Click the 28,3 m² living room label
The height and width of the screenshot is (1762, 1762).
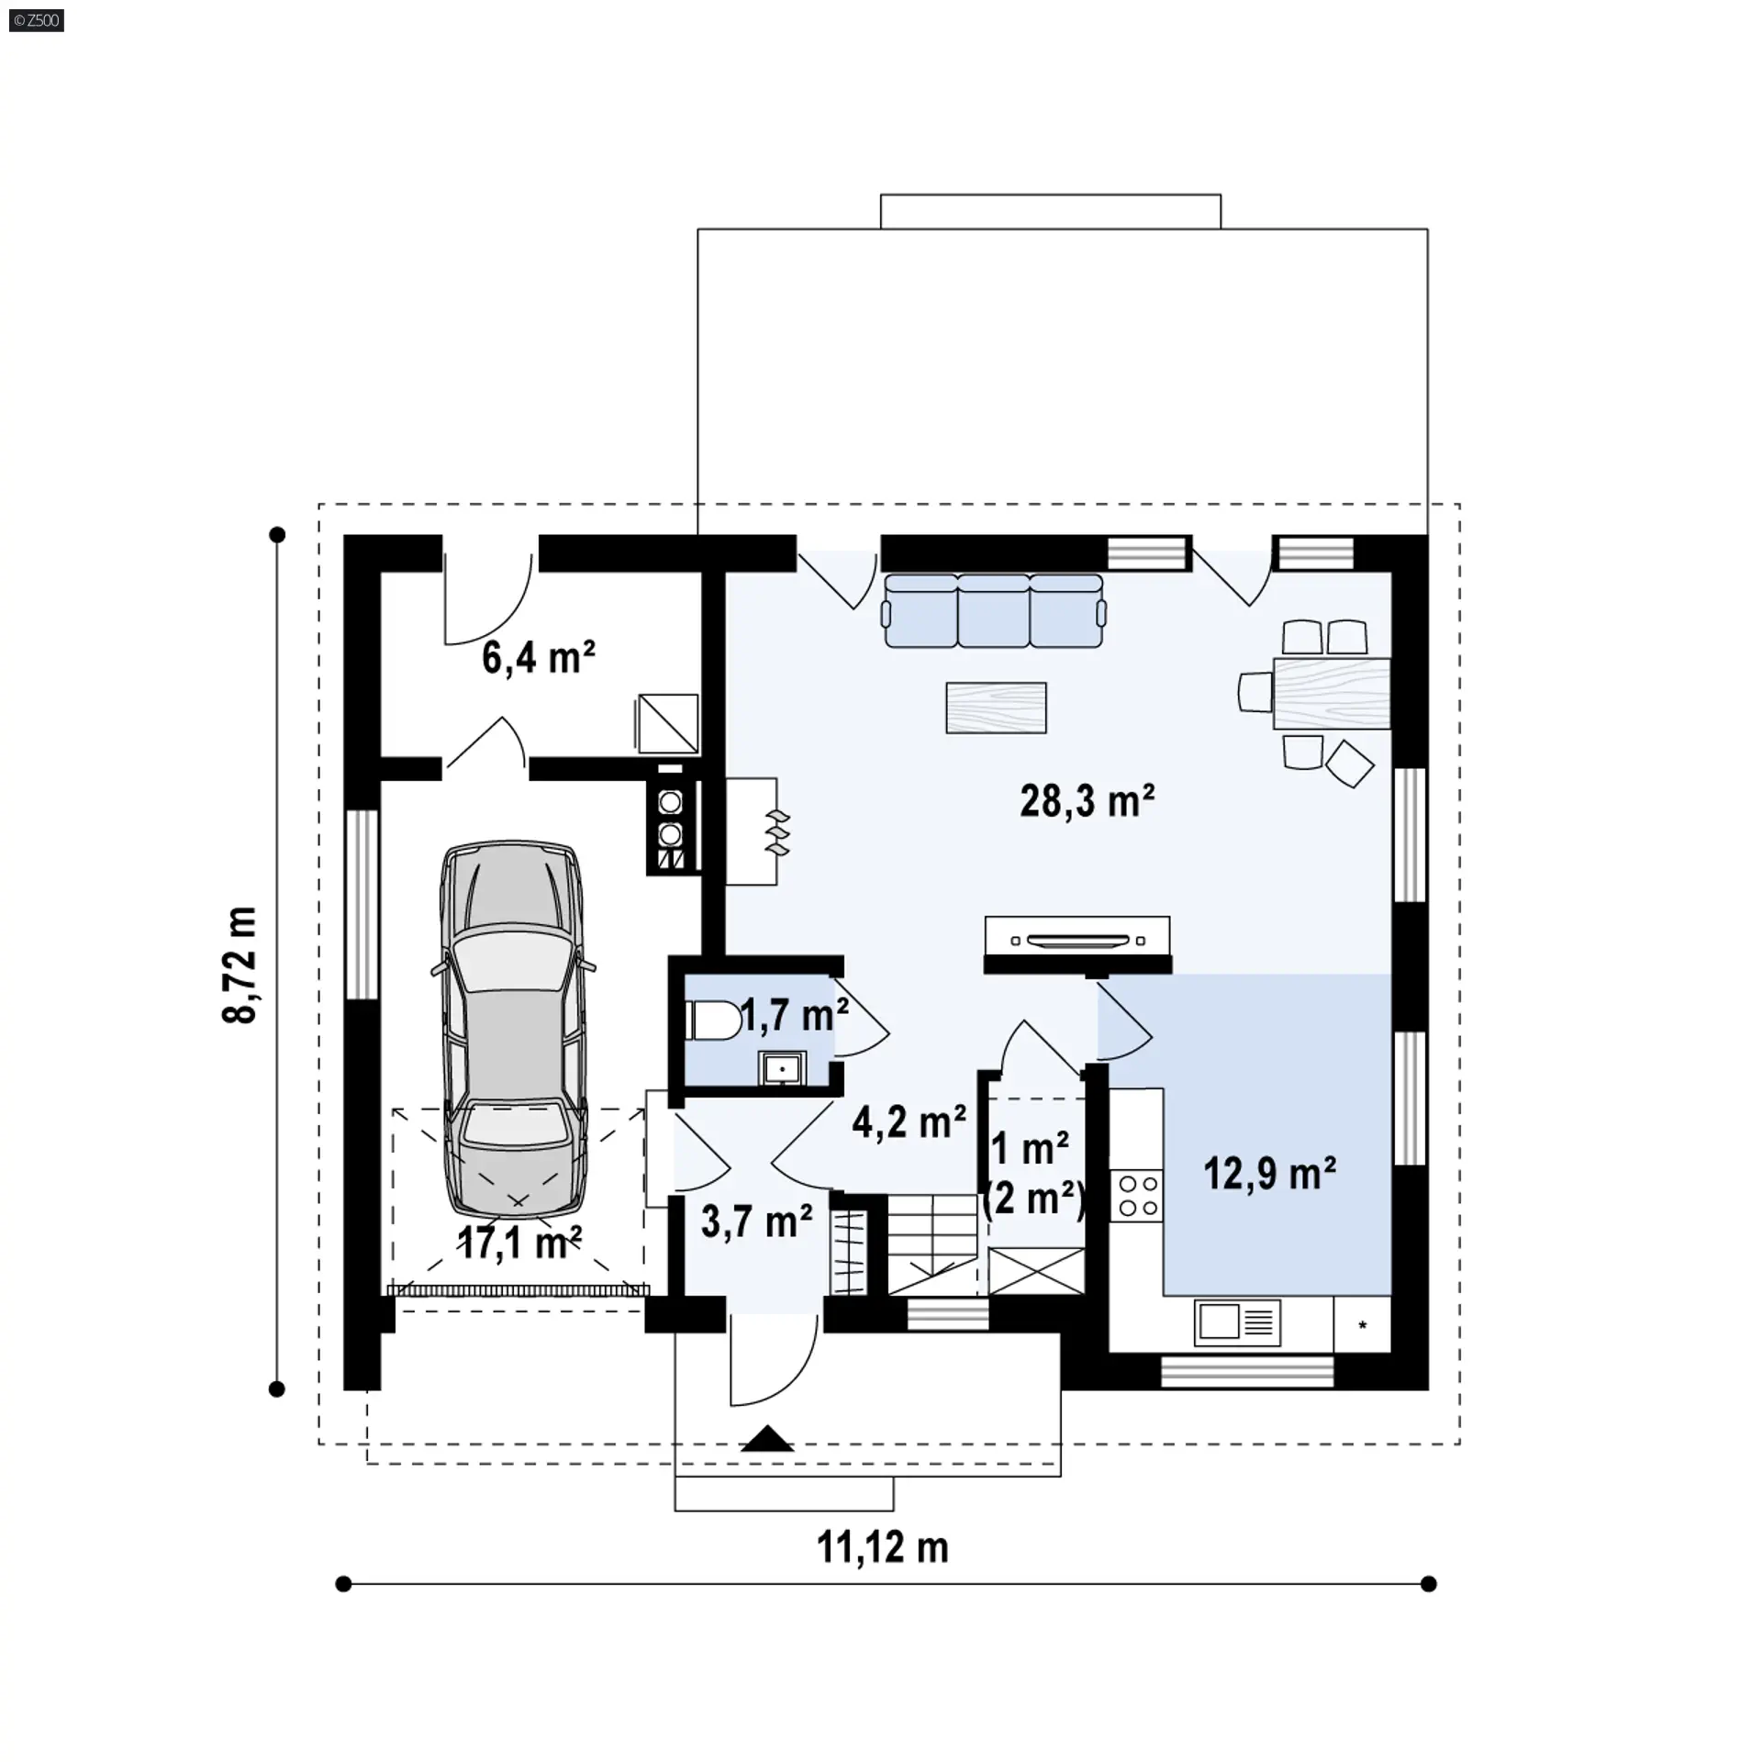click(1087, 801)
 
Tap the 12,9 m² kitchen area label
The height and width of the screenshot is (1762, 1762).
click(1270, 1174)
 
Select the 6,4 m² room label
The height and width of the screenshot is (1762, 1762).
click(539, 658)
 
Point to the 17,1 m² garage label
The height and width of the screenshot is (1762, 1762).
click(519, 1243)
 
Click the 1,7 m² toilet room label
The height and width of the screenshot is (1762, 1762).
click(795, 1016)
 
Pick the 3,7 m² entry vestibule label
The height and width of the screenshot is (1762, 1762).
click(757, 1221)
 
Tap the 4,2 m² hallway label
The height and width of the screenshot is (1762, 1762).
click(909, 1121)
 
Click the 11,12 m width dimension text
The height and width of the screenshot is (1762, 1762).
click(883, 1547)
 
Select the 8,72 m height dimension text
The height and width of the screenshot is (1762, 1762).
click(240, 965)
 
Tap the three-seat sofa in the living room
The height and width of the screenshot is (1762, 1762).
click(994, 611)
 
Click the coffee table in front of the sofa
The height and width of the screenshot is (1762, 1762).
click(997, 708)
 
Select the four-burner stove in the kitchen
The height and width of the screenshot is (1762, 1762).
click(1137, 1196)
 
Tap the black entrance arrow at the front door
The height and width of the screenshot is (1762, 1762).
click(767, 1439)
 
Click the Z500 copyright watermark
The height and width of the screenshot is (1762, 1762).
click(37, 19)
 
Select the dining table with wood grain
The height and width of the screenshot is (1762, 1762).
click(1332, 693)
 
